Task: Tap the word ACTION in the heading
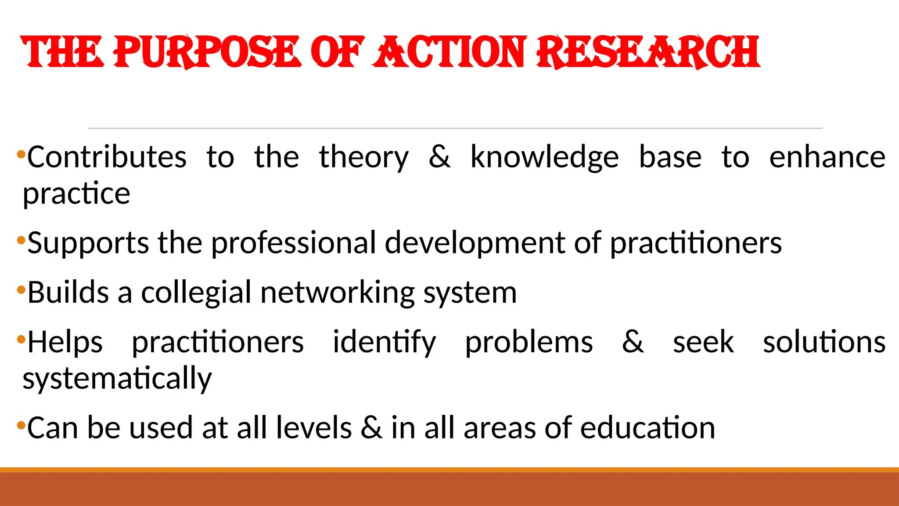[x=450, y=52]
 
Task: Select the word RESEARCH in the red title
[x=648, y=52]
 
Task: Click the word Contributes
[x=107, y=157]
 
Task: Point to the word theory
[x=363, y=158]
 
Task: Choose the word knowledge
[x=544, y=158]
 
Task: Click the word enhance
[x=827, y=157]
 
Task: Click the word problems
[x=529, y=342]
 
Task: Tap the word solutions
[x=824, y=342]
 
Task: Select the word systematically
[x=117, y=379]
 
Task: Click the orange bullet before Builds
[x=21, y=290]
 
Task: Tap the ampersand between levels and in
[x=371, y=428]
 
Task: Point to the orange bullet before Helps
[x=21, y=340]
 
